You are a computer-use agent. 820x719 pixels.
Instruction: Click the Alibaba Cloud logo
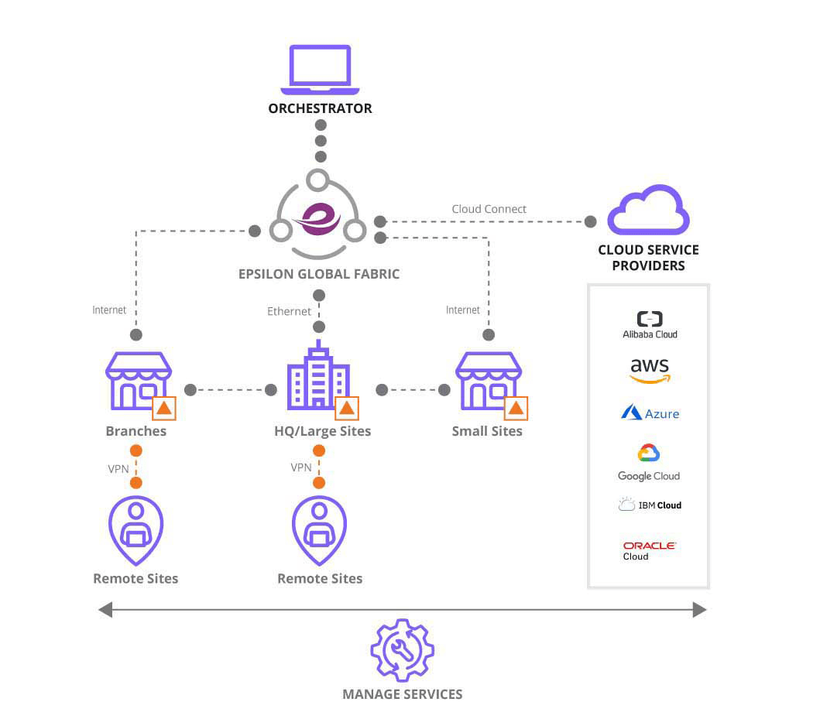click(649, 324)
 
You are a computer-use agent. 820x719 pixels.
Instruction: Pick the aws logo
click(649, 370)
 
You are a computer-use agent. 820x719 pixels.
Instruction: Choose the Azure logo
click(649, 413)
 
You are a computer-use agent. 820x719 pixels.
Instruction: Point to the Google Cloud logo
click(649, 462)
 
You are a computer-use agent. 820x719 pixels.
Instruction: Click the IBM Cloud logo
click(649, 505)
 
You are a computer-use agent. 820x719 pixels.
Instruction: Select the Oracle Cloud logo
click(649, 550)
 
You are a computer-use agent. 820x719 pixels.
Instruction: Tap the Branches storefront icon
click(138, 381)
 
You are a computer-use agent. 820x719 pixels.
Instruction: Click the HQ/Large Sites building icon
click(317, 377)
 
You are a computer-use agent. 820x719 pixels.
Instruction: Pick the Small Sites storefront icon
click(488, 381)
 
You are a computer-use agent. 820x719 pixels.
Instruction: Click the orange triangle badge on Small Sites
click(516, 408)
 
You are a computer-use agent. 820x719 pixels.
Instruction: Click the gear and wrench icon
click(402, 649)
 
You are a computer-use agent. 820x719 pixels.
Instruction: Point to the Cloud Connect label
click(489, 209)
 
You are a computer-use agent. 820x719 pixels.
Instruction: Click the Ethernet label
click(289, 311)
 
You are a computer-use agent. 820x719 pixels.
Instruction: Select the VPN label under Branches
click(118, 468)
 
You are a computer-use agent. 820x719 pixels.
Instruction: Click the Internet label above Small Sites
click(463, 310)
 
